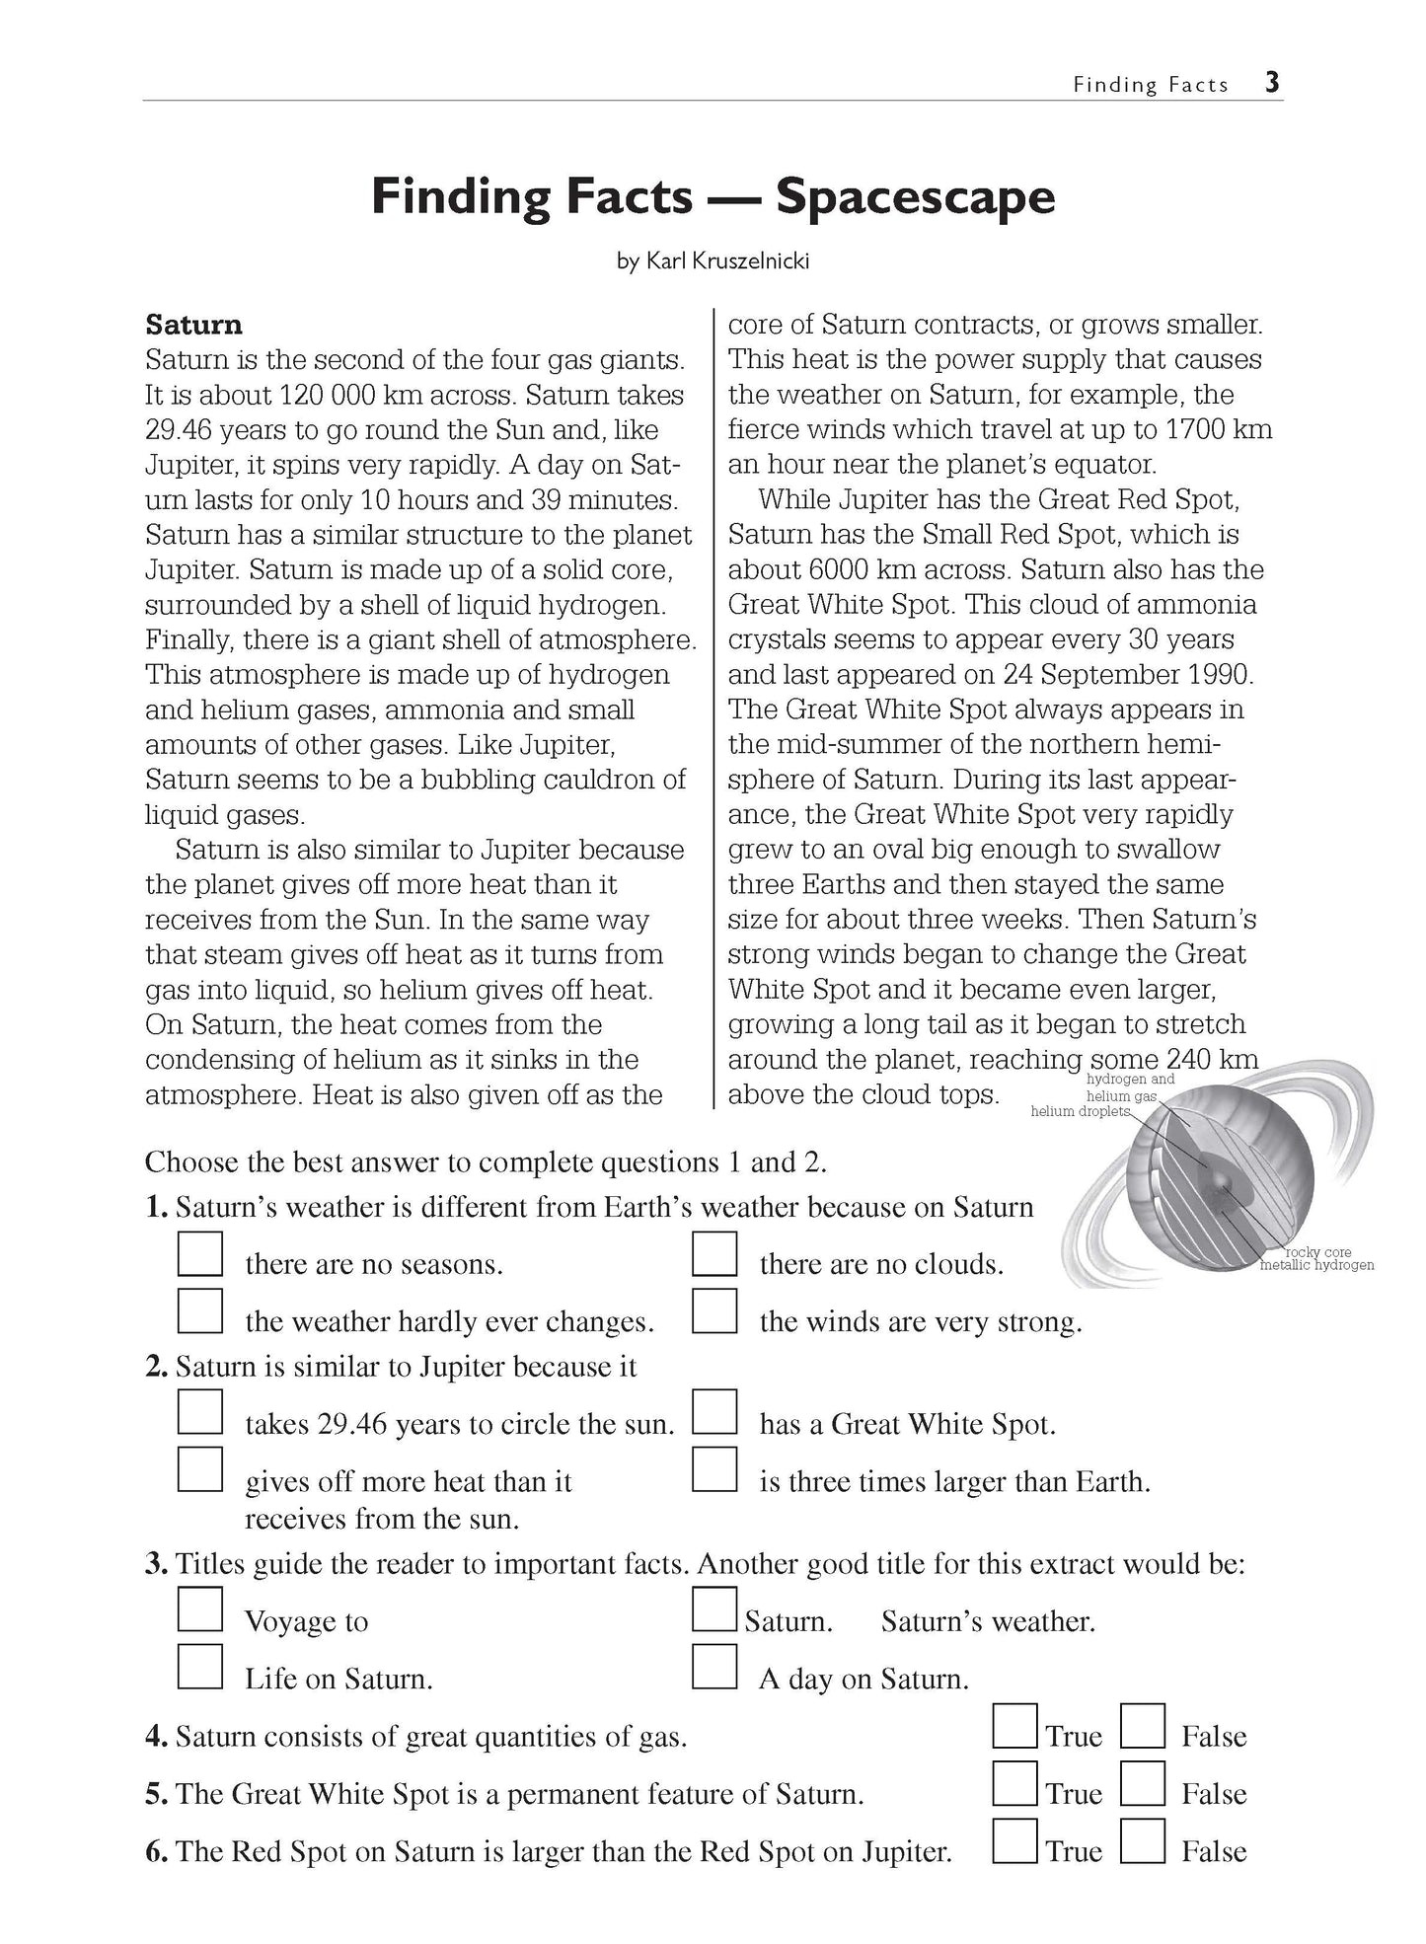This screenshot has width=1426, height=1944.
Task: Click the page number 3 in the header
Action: [1272, 83]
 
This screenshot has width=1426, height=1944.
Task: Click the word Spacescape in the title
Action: [915, 196]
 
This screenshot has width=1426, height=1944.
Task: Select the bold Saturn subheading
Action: [193, 325]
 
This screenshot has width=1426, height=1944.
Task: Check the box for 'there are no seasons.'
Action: [199, 1255]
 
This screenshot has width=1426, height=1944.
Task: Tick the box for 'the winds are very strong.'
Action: [714, 1312]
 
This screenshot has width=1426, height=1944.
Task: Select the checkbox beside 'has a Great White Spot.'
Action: [714, 1413]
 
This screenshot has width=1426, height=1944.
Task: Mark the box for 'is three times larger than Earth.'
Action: [714, 1470]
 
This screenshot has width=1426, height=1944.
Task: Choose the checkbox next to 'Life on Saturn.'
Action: [199, 1667]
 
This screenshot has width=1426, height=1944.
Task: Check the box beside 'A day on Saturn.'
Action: [714, 1667]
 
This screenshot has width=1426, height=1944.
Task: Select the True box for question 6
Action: [1015, 1840]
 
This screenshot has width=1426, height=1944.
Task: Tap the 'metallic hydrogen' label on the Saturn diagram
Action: [1317, 1265]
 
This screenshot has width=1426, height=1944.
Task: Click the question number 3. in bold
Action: [157, 1565]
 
